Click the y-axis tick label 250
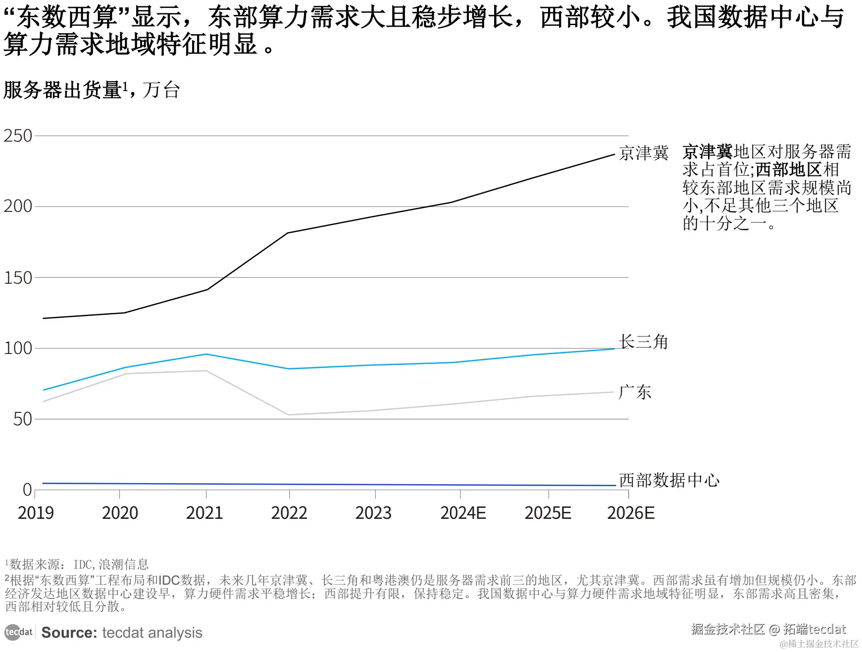pyautogui.click(x=18, y=136)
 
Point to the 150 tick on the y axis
pyautogui.click(x=18, y=278)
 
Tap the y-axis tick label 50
pyautogui.click(x=22, y=419)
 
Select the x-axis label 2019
pyautogui.click(x=36, y=513)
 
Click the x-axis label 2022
pyautogui.click(x=289, y=513)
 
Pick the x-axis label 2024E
pyautogui.click(x=463, y=513)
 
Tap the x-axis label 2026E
pyautogui.click(x=631, y=513)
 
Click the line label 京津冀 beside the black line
pyautogui.click(x=643, y=153)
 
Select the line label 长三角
pyautogui.click(x=643, y=342)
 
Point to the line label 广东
pyautogui.click(x=635, y=393)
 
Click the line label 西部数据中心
pyautogui.click(x=669, y=480)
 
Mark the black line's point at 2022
pyautogui.click(x=288, y=233)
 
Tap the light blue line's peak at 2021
pyautogui.click(x=206, y=354)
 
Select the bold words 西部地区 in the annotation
pyautogui.click(x=789, y=170)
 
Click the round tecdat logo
pyautogui.click(x=13, y=632)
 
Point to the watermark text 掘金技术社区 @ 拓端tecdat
pyautogui.click(x=768, y=629)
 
